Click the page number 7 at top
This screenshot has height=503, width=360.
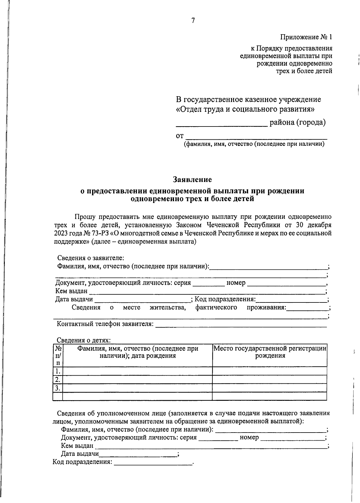click(x=193, y=20)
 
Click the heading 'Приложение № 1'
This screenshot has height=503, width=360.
click(x=306, y=37)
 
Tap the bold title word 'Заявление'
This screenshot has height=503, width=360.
click(x=192, y=180)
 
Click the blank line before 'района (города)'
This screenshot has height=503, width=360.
click(x=221, y=125)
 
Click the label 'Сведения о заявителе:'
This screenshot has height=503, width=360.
click(x=91, y=258)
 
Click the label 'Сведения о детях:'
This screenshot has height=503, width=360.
click(x=84, y=340)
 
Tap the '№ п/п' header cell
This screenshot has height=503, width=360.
click(x=58, y=355)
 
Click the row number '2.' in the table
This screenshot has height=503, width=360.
click(x=58, y=379)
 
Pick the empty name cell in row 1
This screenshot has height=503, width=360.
click(x=137, y=371)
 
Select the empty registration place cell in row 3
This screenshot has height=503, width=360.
click(x=269, y=388)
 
